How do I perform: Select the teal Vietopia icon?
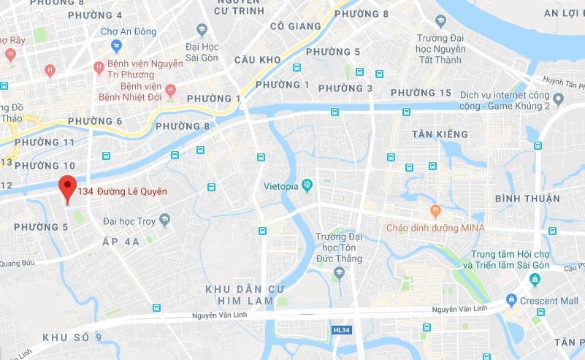(x=307, y=185)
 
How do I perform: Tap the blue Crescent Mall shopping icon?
(x=512, y=300)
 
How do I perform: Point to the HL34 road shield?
(x=340, y=330)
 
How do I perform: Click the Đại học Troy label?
(x=129, y=220)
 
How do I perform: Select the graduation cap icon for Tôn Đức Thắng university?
(x=337, y=272)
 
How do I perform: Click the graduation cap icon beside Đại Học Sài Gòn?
(x=202, y=29)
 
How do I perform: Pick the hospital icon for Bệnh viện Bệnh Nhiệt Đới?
(x=170, y=91)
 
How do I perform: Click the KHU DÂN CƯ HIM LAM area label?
(x=239, y=295)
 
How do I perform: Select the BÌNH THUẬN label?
(x=527, y=199)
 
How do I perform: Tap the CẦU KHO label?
(x=258, y=59)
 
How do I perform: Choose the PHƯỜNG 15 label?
(x=421, y=93)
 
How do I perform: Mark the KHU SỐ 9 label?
(x=72, y=337)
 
